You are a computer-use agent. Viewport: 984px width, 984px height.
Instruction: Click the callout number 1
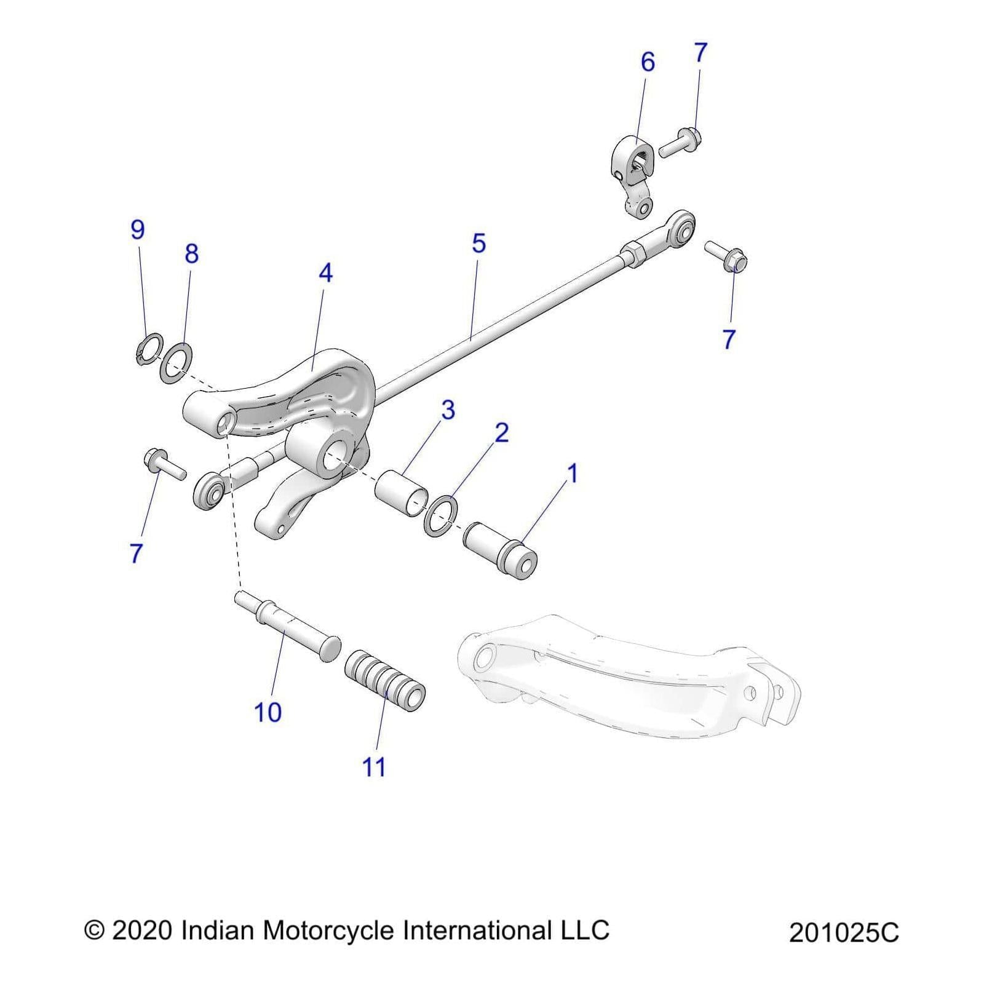point(572,474)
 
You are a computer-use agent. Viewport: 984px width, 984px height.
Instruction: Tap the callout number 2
point(502,433)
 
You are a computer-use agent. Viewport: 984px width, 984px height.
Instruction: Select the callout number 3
point(448,410)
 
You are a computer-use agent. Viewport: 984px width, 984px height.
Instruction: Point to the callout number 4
point(325,273)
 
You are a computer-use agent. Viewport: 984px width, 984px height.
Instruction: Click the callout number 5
point(479,244)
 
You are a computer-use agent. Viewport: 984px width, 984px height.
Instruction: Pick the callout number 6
point(648,62)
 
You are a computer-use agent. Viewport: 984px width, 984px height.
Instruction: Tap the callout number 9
point(138,229)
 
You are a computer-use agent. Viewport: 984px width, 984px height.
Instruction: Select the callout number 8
point(192,253)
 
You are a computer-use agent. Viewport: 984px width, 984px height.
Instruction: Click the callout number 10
point(268,712)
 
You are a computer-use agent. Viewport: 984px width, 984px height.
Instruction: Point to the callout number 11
point(374,767)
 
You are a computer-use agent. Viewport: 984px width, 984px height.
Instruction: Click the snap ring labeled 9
point(148,350)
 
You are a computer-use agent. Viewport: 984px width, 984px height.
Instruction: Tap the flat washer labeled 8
point(176,362)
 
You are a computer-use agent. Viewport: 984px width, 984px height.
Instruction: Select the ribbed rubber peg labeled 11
point(385,679)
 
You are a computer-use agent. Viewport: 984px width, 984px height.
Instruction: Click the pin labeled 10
point(289,629)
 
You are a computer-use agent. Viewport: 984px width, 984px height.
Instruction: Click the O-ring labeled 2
point(441,512)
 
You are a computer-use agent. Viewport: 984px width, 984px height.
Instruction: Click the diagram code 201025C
point(844,933)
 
